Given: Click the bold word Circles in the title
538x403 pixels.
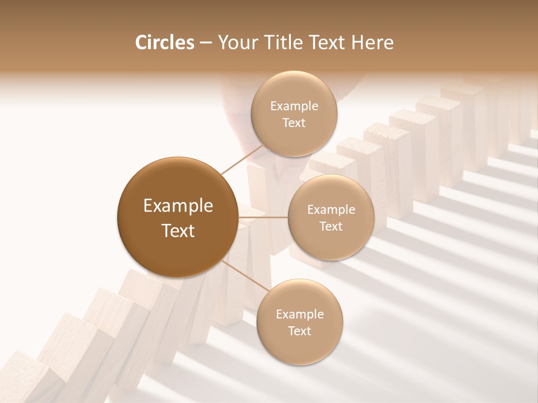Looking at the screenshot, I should click(165, 43).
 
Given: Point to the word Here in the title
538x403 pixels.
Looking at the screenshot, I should click(374, 43).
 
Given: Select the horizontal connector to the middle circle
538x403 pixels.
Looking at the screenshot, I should click(263, 217).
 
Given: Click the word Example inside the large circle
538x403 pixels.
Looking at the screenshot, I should click(178, 205).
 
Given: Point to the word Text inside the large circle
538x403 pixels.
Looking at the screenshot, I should click(178, 230).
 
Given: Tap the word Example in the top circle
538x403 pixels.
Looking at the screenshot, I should click(294, 106).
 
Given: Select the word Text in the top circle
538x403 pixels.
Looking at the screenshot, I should click(294, 123).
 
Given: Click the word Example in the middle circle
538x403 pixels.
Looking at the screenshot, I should click(331, 209).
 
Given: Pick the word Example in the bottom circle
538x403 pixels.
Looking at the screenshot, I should click(299, 314).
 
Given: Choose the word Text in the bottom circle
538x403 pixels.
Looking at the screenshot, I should click(299, 331).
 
